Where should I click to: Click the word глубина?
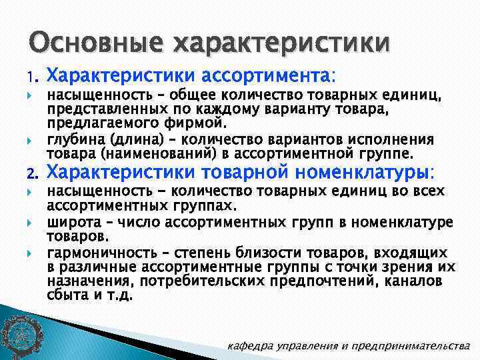73,139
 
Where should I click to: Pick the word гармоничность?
94,253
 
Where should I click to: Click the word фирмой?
201,123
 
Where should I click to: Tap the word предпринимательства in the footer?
413,346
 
